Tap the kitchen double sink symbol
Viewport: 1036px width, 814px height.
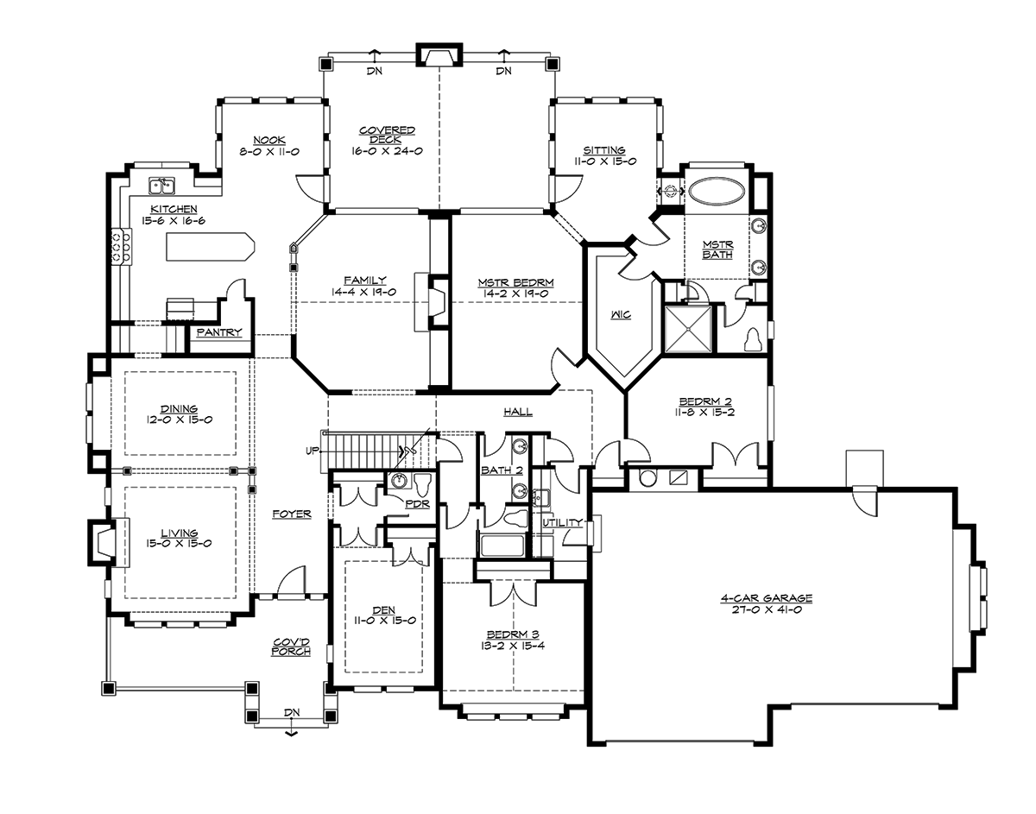161,186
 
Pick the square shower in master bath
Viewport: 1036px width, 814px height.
690,328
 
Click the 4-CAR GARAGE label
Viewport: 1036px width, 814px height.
768,597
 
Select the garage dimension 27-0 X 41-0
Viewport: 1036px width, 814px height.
768,609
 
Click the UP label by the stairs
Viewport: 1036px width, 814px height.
310,451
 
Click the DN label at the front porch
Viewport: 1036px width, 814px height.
292,711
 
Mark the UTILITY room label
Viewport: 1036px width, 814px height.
562,523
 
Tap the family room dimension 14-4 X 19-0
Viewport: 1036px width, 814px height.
364,292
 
